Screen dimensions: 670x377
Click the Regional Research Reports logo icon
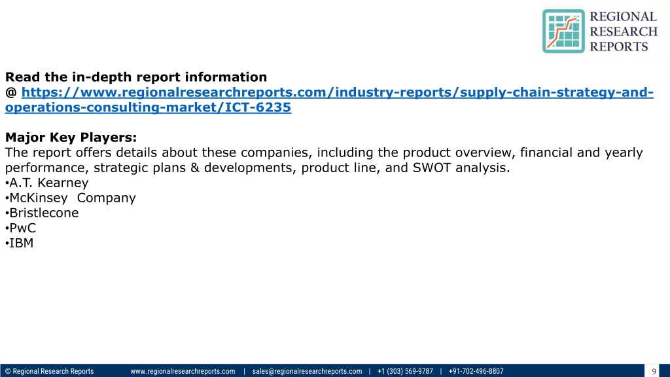coord(563,31)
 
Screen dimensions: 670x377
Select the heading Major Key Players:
coord(71,137)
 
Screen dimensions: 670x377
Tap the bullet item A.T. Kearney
coord(47,183)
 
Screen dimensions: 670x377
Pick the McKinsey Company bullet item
coord(71,198)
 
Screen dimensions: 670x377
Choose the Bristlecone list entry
coord(42,213)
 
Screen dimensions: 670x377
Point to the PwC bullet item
coord(20,228)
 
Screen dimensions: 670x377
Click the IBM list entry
coord(19,243)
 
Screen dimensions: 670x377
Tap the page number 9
coord(654,372)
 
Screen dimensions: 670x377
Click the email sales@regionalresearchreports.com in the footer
coord(307,371)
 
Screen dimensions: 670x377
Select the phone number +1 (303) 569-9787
coord(405,371)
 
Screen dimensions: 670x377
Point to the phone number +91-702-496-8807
coord(476,371)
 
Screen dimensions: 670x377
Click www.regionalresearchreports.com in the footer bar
coord(183,371)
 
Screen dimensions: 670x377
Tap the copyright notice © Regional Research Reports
coord(49,371)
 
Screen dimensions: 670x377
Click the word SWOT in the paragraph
coord(432,168)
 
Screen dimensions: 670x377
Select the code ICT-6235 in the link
coord(258,107)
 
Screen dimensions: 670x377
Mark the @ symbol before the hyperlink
coord(11,92)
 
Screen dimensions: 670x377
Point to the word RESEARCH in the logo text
coord(624,31)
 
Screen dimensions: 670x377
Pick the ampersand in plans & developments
coord(195,168)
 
